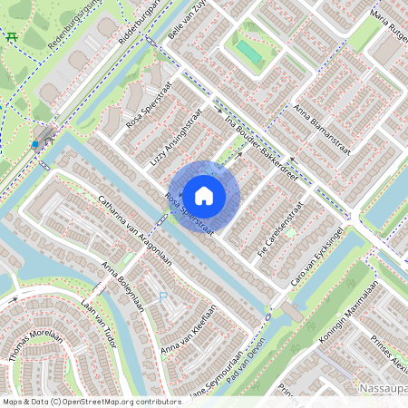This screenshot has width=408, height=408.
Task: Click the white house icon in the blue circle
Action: pos(204,195)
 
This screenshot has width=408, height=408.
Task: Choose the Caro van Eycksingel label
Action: pos(320,257)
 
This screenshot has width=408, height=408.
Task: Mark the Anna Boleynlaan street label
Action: pos(123,286)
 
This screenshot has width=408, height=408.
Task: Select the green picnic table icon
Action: pos(12,36)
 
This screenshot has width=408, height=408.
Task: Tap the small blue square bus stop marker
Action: pos(34,143)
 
